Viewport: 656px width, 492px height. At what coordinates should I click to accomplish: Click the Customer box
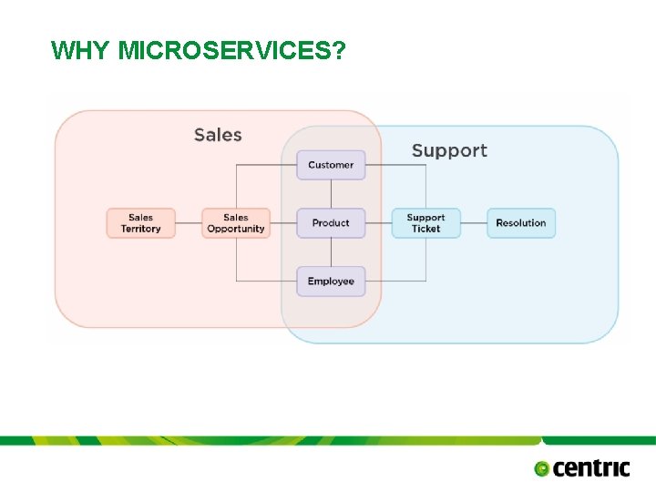click(x=331, y=165)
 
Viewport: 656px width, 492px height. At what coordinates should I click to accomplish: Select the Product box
click(x=331, y=223)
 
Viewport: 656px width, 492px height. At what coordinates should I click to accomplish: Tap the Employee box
click(x=331, y=282)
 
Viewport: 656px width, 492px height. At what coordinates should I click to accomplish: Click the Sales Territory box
click(x=140, y=223)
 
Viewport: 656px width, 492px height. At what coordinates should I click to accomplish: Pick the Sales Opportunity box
click(x=235, y=223)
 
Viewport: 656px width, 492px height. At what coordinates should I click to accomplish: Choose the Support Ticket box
click(x=425, y=223)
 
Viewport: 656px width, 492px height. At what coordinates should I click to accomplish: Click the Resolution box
click(x=520, y=223)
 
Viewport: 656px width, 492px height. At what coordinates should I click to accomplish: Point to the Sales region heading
click(x=218, y=135)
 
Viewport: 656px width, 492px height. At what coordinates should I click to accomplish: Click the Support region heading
click(x=449, y=150)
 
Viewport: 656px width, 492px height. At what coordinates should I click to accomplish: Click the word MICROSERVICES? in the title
click(x=232, y=50)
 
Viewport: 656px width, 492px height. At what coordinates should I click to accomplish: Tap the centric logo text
click(x=591, y=468)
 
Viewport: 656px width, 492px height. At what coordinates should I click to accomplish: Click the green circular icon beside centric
click(x=542, y=469)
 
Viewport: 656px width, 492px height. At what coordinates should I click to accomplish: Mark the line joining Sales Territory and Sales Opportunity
click(x=188, y=223)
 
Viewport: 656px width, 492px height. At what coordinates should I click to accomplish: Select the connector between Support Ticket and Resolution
click(x=473, y=223)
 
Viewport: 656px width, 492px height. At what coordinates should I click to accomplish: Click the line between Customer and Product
click(x=331, y=194)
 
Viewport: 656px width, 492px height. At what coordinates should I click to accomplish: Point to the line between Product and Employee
click(x=331, y=252)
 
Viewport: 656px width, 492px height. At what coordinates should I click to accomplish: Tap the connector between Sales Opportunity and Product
click(x=282, y=223)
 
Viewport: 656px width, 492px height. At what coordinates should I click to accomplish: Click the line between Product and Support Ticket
click(x=378, y=223)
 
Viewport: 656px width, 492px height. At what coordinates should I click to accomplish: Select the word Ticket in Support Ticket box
click(x=425, y=229)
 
